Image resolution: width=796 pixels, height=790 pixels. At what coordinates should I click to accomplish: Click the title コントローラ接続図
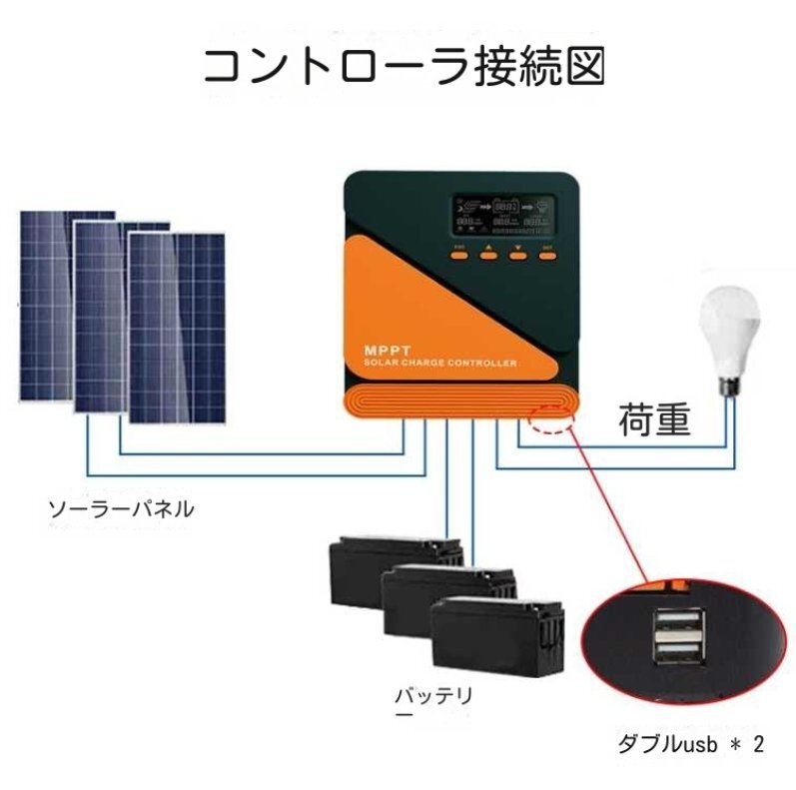[x=403, y=66]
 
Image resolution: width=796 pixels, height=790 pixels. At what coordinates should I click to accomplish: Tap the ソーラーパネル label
[x=121, y=509]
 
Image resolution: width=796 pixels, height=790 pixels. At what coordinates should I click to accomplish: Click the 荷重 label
[x=654, y=420]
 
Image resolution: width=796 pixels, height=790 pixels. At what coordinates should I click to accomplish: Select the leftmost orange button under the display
[x=460, y=255]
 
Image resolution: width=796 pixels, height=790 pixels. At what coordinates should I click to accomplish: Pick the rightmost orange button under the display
[x=546, y=255]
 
